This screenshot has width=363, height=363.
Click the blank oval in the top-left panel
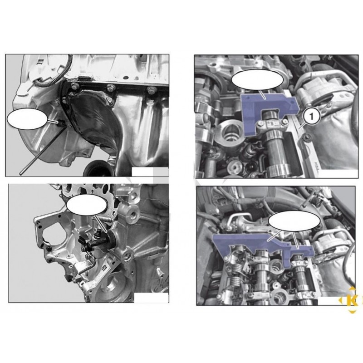point(28,120)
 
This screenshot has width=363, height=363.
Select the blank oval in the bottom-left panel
point(85,205)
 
